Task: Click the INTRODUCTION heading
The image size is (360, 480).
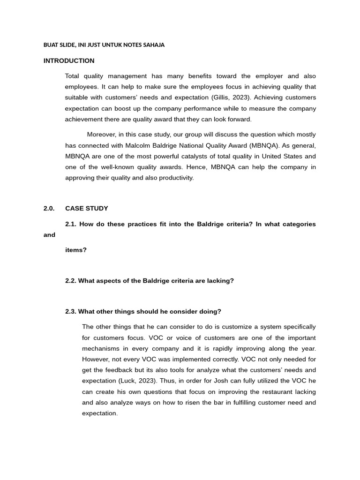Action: [x=69, y=61]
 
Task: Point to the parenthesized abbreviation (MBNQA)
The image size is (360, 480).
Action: [x=266, y=145]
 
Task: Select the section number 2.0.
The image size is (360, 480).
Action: [x=49, y=208]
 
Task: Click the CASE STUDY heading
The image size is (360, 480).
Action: [x=87, y=208]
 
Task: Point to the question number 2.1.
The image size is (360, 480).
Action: [x=71, y=224]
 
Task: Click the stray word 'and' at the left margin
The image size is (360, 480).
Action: [x=49, y=235]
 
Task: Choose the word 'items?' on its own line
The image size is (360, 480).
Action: [x=76, y=250]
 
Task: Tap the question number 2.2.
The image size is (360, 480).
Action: [x=71, y=281]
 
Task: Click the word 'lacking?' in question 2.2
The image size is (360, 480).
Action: [x=220, y=281]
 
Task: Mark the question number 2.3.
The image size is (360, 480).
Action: [x=71, y=312]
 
